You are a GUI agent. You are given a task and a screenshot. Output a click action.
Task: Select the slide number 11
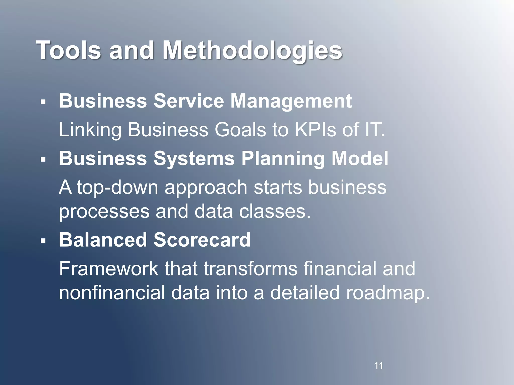click(378, 366)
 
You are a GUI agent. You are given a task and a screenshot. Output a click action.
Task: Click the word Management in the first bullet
click(291, 101)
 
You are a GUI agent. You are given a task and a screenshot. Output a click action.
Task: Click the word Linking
click(90, 130)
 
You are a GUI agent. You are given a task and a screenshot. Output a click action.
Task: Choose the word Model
click(360, 158)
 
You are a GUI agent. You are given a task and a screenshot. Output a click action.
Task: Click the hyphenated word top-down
click(118, 187)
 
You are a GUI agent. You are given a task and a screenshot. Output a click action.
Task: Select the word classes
click(275, 211)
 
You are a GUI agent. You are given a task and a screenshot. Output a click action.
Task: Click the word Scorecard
click(202, 240)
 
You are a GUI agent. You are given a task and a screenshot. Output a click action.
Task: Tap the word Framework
click(109, 269)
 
